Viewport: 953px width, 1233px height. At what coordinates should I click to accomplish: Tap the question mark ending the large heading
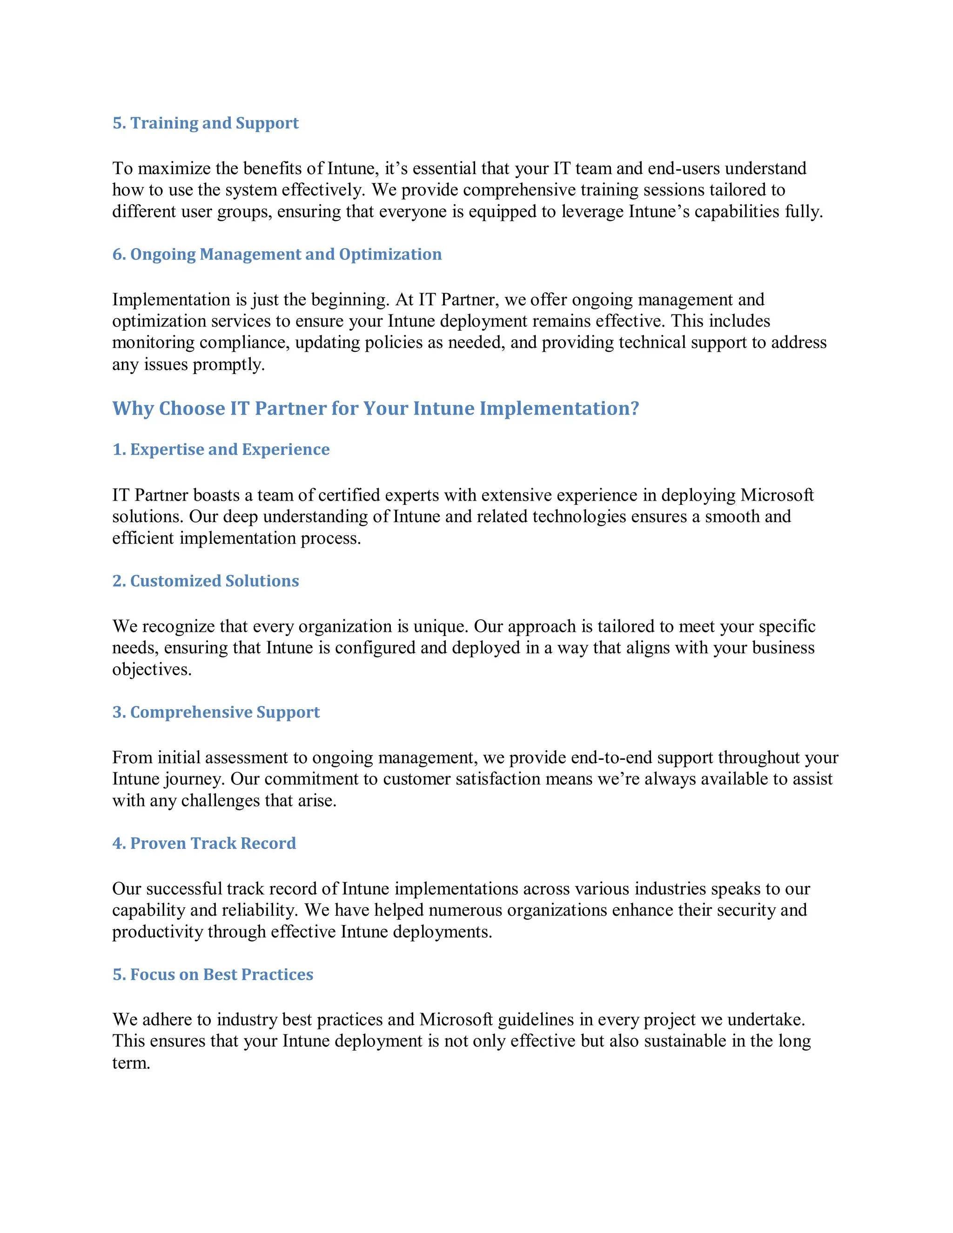click(x=635, y=408)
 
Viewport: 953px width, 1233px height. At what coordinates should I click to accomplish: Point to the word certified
click(x=349, y=495)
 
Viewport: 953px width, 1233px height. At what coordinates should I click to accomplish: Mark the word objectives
click(x=151, y=670)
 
